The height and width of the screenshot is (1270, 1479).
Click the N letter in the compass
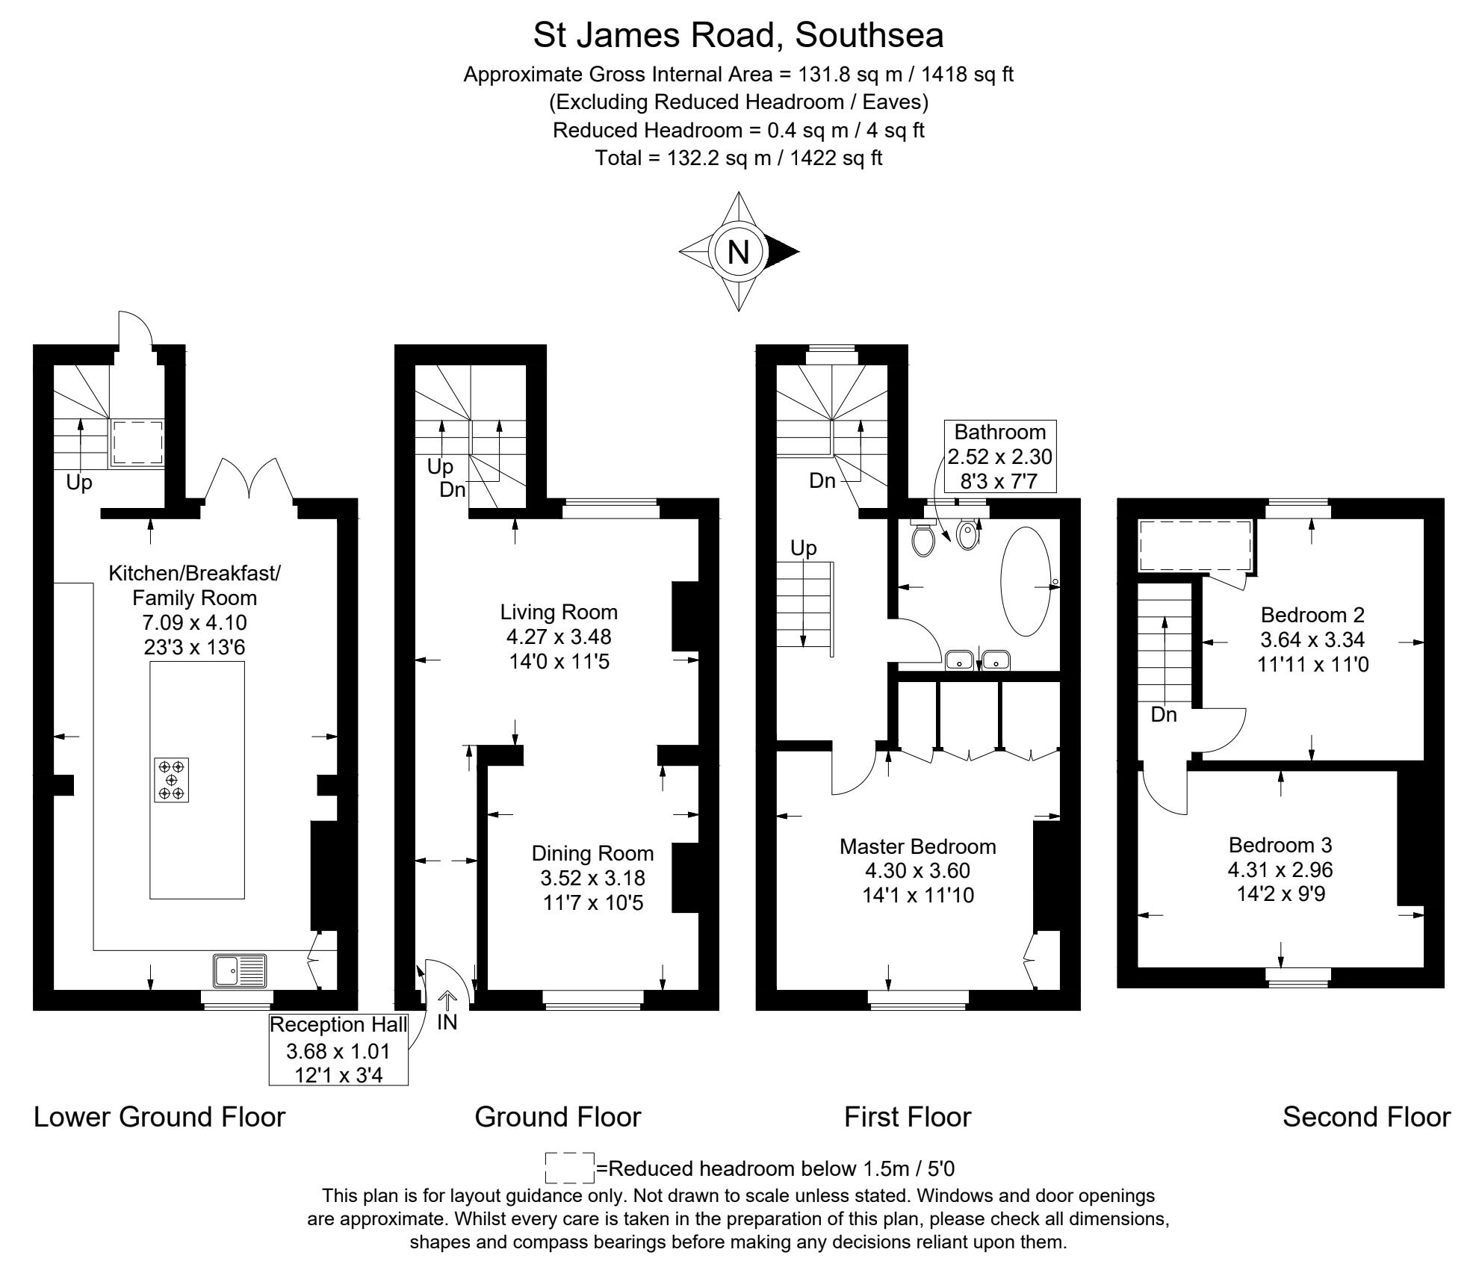click(x=738, y=252)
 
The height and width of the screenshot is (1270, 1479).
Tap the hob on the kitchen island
click(x=172, y=781)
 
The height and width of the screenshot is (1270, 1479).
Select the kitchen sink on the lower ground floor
click(x=239, y=971)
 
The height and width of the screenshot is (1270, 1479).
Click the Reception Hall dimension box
click(x=338, y=1050)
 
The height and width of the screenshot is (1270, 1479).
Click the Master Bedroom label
click(x=917, y=846)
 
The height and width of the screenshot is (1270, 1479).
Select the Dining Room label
click(x=592, y=853)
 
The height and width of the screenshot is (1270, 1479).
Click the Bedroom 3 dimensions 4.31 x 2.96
click(x=1280, y=870)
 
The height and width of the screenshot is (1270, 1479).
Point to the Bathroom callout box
click(x=999, y=456)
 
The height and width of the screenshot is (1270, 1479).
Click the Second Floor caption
click(x=1366, y=1117)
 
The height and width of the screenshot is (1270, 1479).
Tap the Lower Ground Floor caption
click(x=160, y=1117)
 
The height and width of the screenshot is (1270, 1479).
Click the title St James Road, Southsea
click(x=738, y=35)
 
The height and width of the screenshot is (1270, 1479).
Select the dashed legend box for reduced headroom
click(x=569, y=1168)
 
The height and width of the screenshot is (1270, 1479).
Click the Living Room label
click(x=559, y=612)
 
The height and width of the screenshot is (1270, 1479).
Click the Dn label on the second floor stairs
click(x=1163, y=715)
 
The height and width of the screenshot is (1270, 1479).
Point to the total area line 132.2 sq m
click(x=738, y=158)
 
